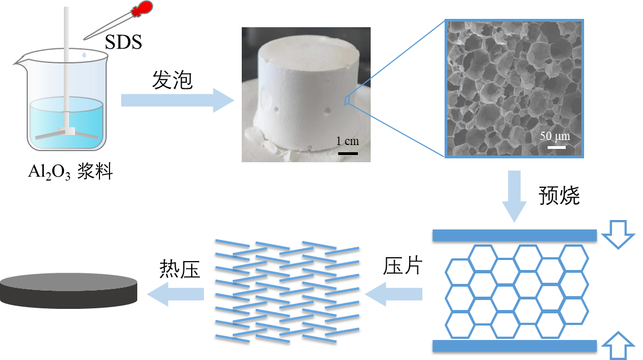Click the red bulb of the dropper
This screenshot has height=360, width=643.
coord(143,8)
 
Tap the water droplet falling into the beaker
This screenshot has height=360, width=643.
coord(83,56)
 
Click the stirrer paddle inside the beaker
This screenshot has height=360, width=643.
coord(66,133)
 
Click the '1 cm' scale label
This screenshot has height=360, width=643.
coord(347,141)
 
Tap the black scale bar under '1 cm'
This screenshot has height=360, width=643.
coord(347,152)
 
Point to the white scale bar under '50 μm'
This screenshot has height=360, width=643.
coord(556,147)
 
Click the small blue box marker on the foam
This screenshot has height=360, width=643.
coord(347,100)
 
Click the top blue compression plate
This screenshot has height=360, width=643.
coord(514,235)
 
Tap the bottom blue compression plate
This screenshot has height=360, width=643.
coord(514,346)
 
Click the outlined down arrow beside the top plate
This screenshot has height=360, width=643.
coord(618,233)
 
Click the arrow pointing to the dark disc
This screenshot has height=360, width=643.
coord(175,293)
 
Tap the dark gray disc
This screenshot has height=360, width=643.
coord(68,289)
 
